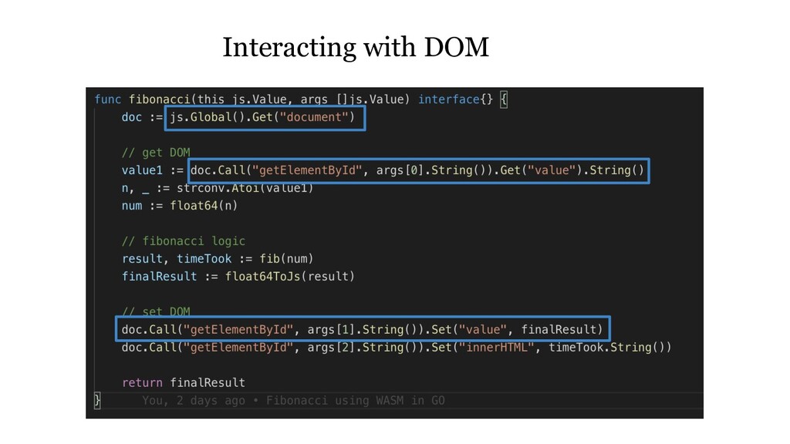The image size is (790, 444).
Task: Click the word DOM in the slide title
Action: tap(455, 48)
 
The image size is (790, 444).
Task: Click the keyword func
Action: tap(107, 99)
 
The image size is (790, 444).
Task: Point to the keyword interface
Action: tap(449, 99)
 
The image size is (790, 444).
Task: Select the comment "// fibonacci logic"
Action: tap(184, 240)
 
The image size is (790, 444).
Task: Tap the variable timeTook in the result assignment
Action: tap(204, 258)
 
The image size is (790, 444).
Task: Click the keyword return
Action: tap(142, 382)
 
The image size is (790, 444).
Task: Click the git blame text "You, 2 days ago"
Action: tap(194, 401)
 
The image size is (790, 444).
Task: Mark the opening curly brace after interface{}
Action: tap(505, 99)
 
